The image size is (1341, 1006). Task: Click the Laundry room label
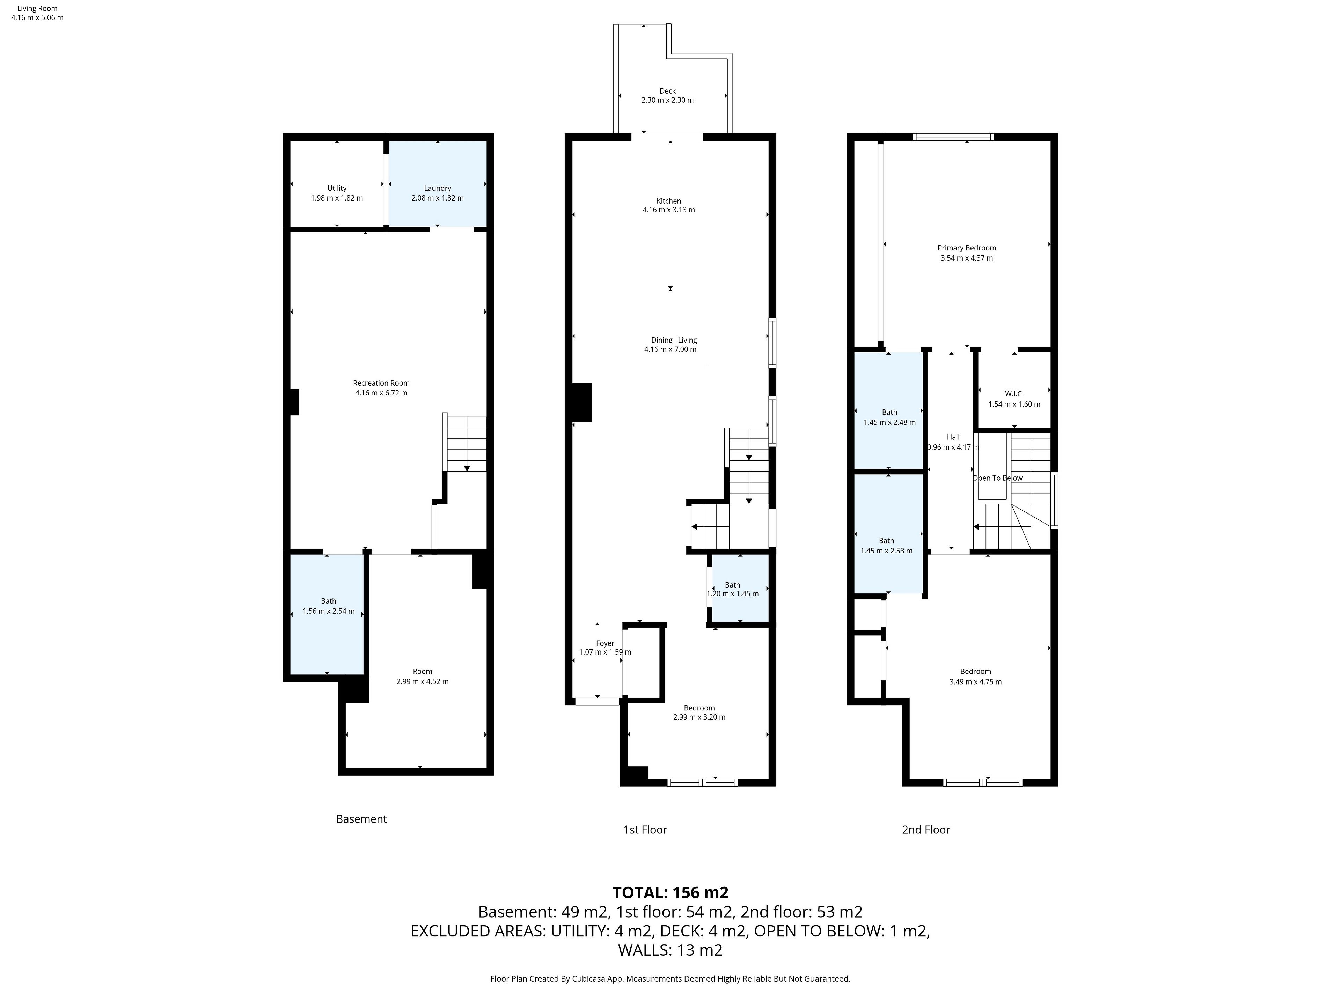point(437,188)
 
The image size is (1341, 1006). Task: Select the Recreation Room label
point(381,382)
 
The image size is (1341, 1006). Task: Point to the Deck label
point(667,91)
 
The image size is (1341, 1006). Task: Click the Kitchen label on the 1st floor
point(669,201)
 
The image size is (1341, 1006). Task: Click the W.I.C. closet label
point(1014,394)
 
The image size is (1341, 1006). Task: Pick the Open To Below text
point(997,478)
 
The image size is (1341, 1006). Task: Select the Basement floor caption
point(361,819)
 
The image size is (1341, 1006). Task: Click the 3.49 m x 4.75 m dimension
point(975,681)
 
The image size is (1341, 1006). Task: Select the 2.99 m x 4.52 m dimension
point(423,681)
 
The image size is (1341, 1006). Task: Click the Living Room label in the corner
point(37,8)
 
